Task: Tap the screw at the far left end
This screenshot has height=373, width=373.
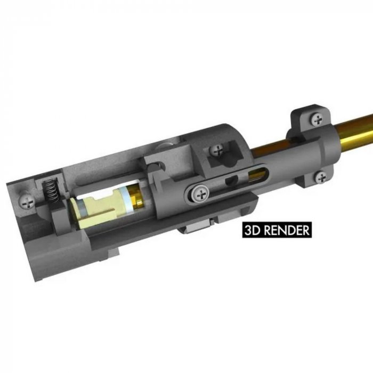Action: pos(28,201)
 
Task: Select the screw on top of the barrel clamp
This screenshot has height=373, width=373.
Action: pos(318,119)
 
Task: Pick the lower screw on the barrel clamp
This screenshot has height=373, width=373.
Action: pos(321,177)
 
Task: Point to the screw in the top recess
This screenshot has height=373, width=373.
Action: pos(217,151)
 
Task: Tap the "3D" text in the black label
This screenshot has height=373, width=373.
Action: pos(252,230)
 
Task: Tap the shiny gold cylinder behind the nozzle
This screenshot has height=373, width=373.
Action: pos(136,198)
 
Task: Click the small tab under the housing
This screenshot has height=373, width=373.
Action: pos(194,230)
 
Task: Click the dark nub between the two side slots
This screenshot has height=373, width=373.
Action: pos(230,182)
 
